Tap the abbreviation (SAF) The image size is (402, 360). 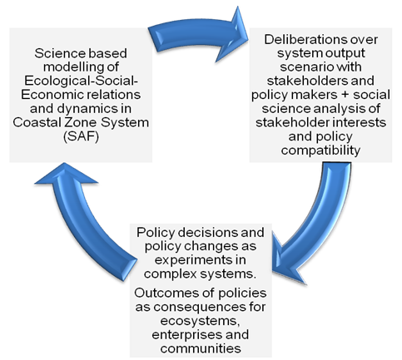tap(81, 136)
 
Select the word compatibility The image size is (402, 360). tap(320, 150)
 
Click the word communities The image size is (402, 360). tap(201, 348)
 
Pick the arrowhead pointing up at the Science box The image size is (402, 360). tap(65, 173)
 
